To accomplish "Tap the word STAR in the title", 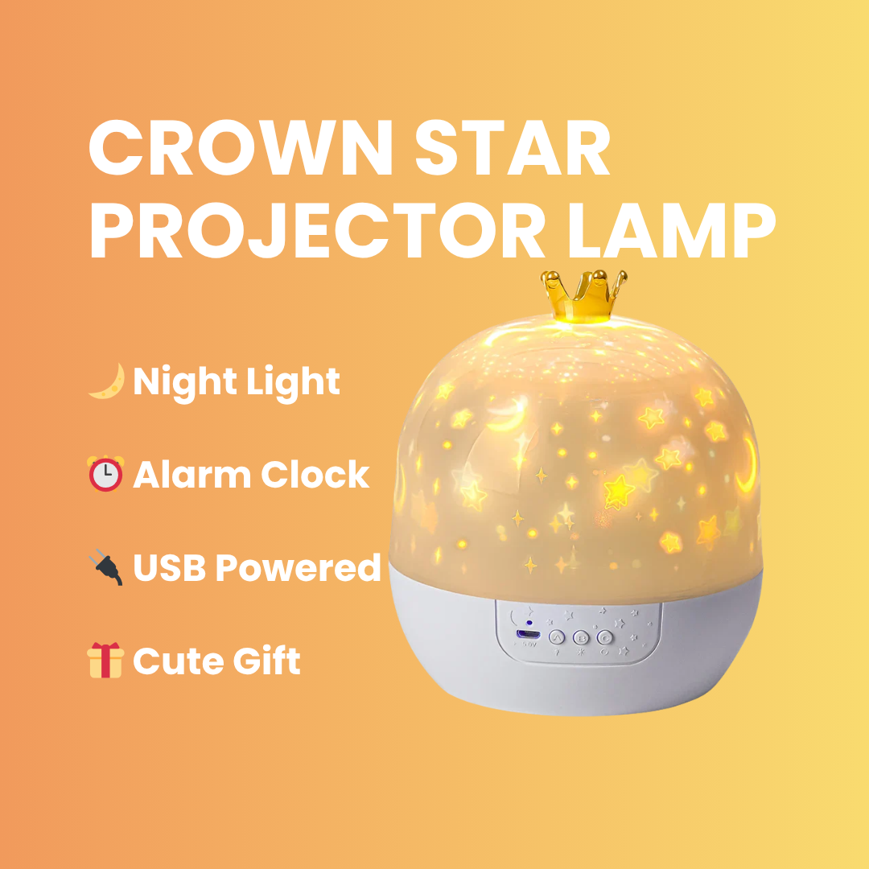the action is (513, 147).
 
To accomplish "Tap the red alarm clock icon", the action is (105, 475).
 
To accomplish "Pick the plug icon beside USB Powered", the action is (106, 566).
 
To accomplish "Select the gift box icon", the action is (105, 660).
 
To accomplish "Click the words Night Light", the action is (237, 383).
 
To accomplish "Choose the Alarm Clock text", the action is (251, 475).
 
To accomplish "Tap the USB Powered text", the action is (257, 567).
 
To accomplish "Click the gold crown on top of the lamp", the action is (583, 295).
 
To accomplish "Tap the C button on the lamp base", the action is (604, 638).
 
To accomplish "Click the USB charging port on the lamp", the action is (528, 633).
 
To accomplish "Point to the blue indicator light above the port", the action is (529, 623).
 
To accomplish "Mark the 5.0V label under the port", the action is (529, 645).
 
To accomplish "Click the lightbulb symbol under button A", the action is (557, 653).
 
